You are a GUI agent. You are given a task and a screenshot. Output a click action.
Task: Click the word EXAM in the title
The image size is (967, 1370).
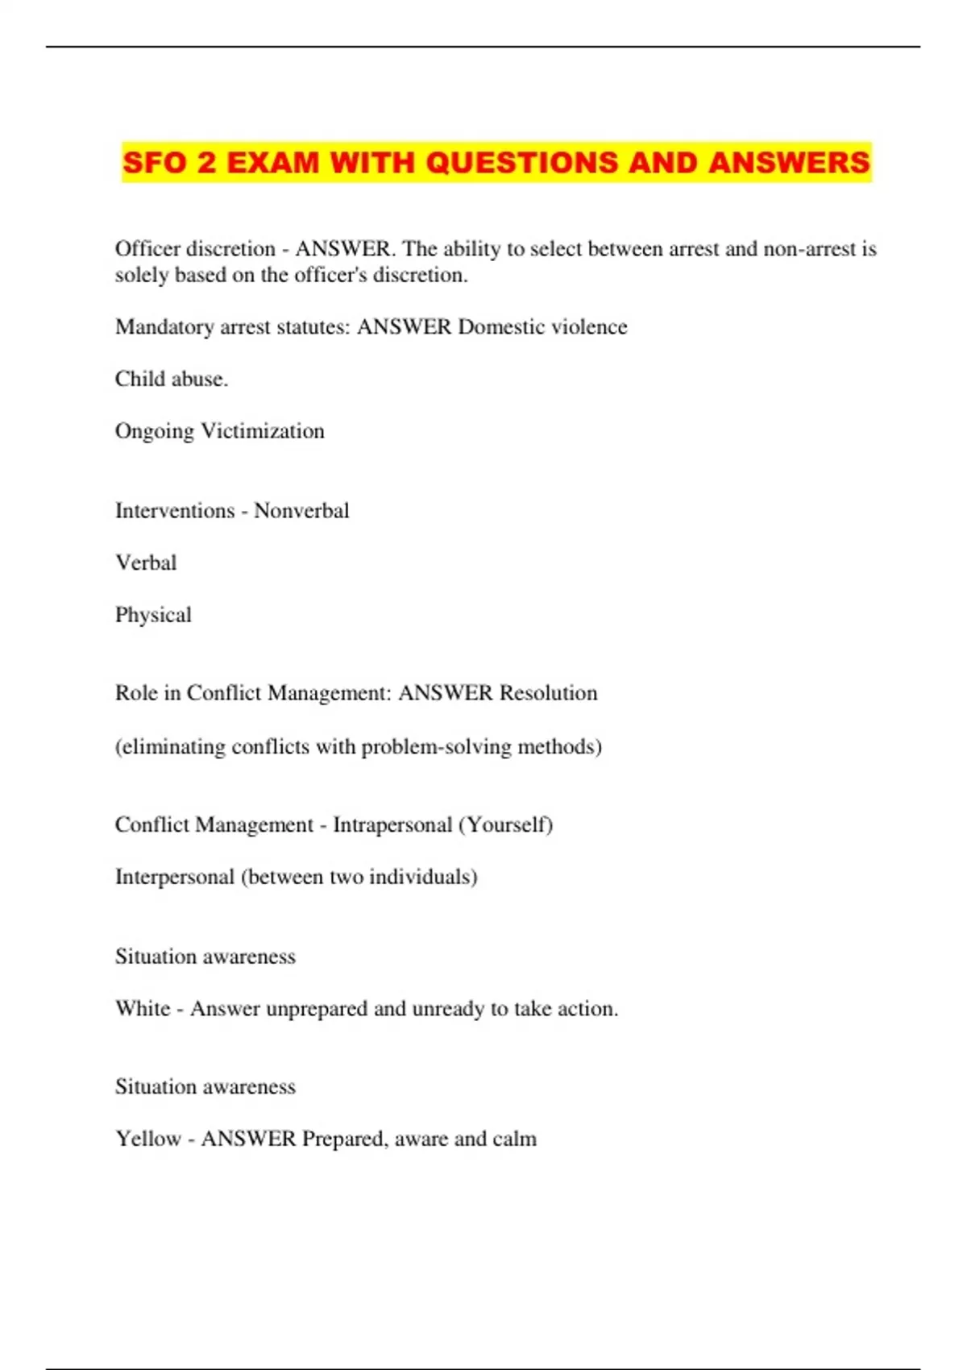click(x=273, y=163)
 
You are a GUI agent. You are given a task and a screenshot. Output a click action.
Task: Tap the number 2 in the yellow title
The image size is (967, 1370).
click(x=206, y=163)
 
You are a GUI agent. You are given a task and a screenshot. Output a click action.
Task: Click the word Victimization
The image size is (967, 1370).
click(x=262, y=431)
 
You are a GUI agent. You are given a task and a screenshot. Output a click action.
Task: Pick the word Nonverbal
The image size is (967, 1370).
click(x=301, y=511)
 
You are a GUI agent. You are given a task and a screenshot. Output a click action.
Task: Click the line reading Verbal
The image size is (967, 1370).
click(x=146, y=563)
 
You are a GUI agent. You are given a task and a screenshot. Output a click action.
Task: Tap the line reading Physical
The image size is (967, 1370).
click(x=153, y=616)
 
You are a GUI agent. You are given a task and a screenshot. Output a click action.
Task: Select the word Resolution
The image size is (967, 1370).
click(x=548, y=693)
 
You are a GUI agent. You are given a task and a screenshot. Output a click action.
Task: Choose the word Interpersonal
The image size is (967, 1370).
click(x=174, y=877)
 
